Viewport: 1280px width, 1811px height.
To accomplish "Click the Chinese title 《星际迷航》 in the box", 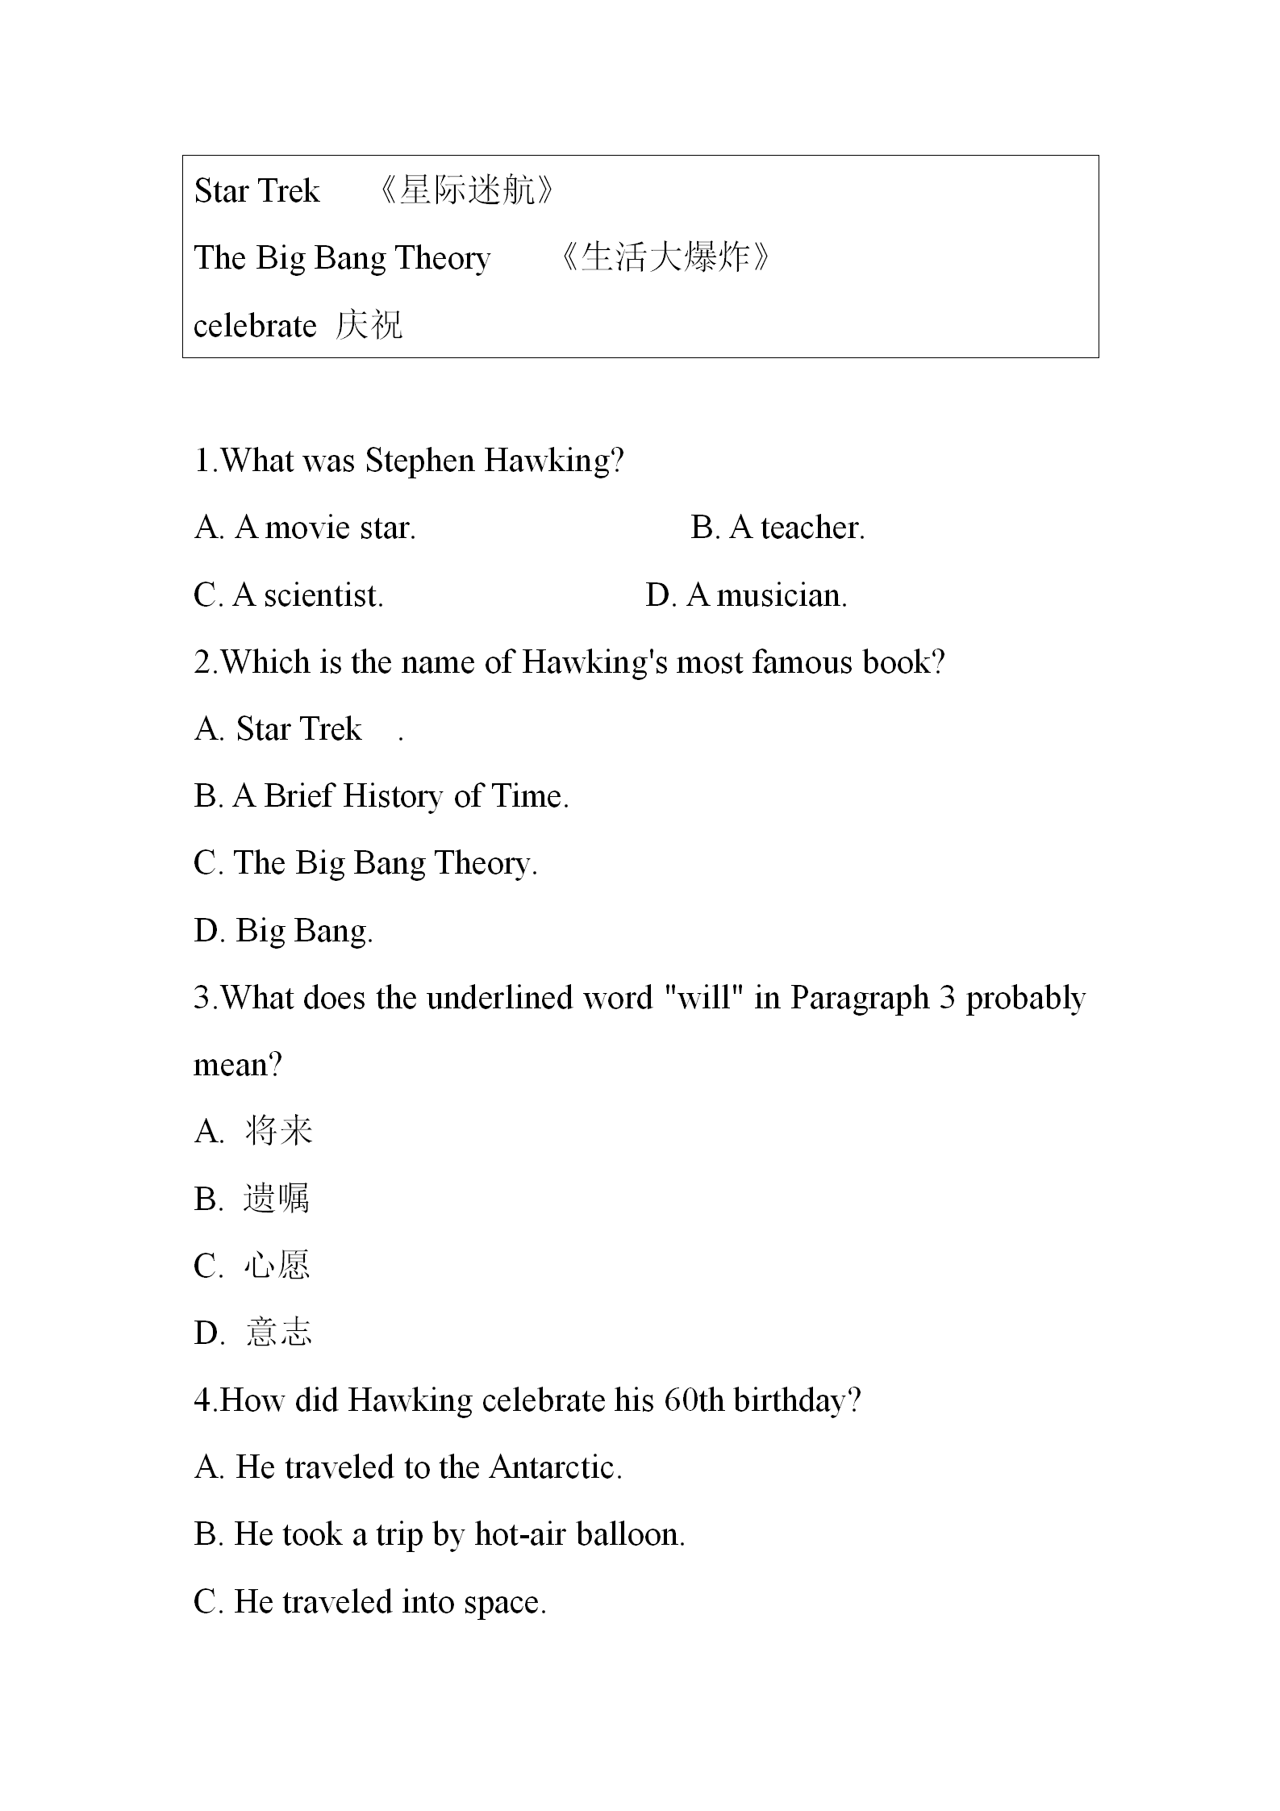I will pyautogui.click(x=467, y=191).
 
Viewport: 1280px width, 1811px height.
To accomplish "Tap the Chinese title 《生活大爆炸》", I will pyautogui.click(x=664, y=258).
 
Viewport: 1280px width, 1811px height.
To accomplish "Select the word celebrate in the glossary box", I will pyautogui.click(x=255, y=326).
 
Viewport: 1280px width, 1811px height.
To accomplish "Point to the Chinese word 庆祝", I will pyautogui.click(x=369, y=326).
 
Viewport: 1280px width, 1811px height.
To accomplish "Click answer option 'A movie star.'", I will pyautogui.click(x=325, y=528).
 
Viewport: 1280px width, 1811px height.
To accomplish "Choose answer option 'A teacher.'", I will pyautogui.click(x=797, y=528).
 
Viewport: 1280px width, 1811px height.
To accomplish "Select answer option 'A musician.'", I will pyautogui.click(x=766, y=596).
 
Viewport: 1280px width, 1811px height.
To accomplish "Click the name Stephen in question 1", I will pyautogui.click(x=420, y=461).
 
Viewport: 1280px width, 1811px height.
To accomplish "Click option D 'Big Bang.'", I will pyautogui.click(x=304, y=931).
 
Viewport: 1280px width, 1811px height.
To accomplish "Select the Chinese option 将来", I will pyautogui.click(x=278, y=1131).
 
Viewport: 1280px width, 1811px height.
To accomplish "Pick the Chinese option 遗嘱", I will pyautogui.click(x=277, y=1199).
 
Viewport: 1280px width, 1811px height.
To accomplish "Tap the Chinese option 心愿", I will pyautogui.click(x=277, y=1266).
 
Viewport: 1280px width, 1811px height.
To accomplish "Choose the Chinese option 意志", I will pyautogui.click(x=278, y=1333).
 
